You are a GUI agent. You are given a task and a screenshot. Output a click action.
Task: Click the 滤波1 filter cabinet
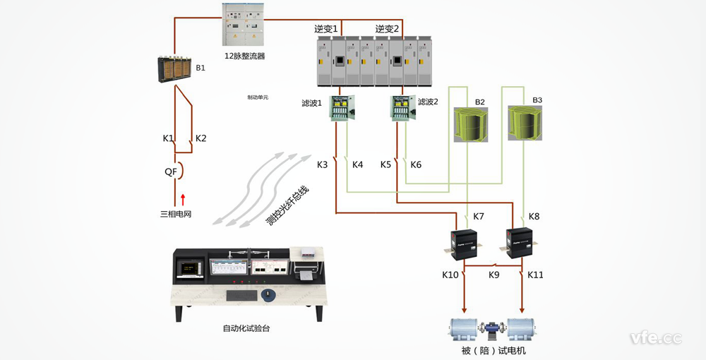click(342, 107)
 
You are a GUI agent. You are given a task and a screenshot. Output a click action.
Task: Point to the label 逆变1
click(327, 29)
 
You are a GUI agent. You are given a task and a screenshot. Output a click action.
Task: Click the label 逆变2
click(387, 29)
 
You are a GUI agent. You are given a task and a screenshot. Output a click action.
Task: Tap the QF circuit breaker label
click(170, 171)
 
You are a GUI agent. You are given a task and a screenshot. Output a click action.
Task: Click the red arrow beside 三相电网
click(182, 199)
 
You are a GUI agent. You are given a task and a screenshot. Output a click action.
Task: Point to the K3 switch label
click(323, 164)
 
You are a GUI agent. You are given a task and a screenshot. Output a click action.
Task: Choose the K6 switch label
click(416, 164)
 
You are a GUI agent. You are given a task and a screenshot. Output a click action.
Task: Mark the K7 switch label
click(479, 216)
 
